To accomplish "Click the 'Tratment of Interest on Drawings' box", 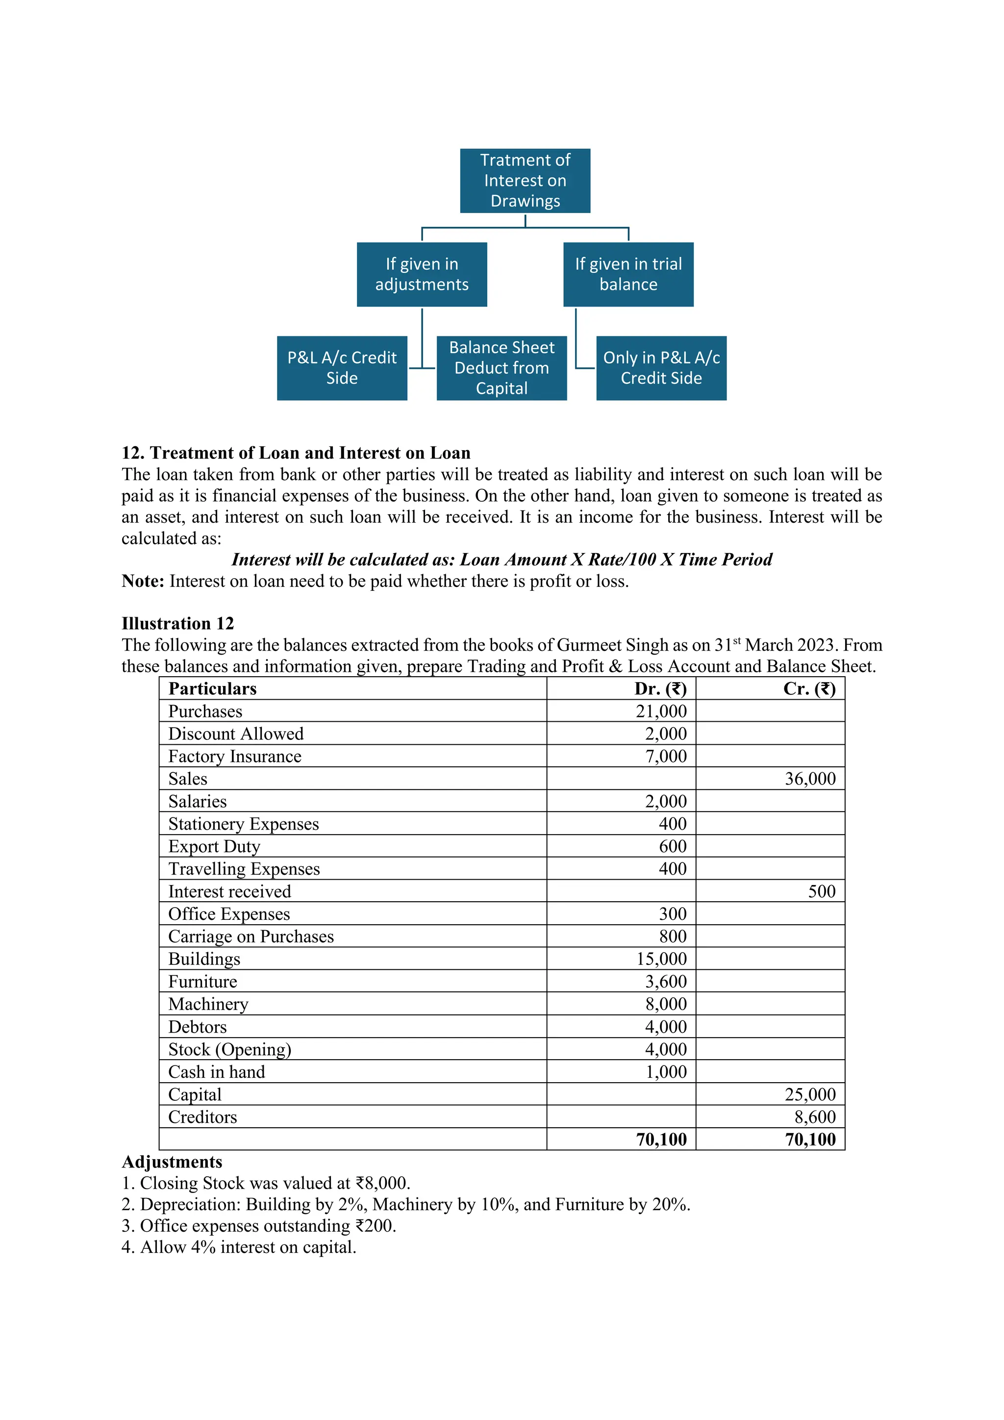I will [x=525, y=180].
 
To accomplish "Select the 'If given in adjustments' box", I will [x=422, y=274].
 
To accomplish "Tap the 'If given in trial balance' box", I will [x=628, y=274].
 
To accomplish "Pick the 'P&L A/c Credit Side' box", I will [x=342, y=368].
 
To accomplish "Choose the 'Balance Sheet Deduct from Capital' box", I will [x=502, y=368].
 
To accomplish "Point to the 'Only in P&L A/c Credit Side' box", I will [x=661, y=368].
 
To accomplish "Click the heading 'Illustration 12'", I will [x=177, y=623].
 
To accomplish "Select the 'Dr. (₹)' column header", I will [x=660, y=689].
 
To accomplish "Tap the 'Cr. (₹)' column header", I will [x=809, y=689].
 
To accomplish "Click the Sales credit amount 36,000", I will [x=810, y=779].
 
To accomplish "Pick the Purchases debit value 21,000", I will [x=661, y=711].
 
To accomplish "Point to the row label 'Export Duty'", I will [x=214, y=846].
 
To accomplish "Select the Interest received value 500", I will [x=822, y=891].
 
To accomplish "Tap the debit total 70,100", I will [x=661, y=1139].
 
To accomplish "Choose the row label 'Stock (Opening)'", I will [x=229, y=1049].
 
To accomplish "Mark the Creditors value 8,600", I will [x=815, y=1117].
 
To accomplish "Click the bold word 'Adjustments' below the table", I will [x=172, y=1162].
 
